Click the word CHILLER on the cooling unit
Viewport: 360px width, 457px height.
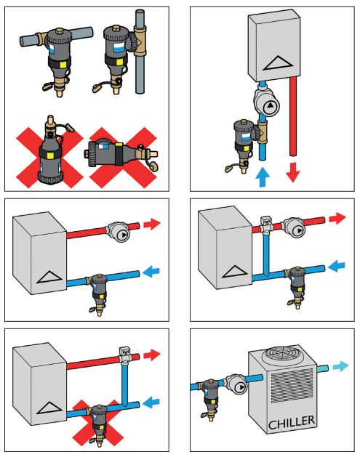click(291, 422)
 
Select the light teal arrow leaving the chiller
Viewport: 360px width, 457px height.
click(341, 366)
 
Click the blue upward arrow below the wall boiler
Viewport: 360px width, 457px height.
click(263, 177)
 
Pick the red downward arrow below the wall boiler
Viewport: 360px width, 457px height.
click(293, 172)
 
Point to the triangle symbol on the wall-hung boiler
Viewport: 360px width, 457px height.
click(278, 63)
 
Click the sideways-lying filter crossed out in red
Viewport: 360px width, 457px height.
click(121, 153)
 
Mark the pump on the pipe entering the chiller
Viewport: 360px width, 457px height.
click(236, 385)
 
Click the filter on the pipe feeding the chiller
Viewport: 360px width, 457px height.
click(209, 398)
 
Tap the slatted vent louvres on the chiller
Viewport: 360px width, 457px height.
click(291, 386)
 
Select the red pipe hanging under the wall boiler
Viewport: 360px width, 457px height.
click(293, 116)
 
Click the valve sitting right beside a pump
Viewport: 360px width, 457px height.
click(267, 224)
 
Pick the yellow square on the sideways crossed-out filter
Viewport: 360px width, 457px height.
click(119, 145)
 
